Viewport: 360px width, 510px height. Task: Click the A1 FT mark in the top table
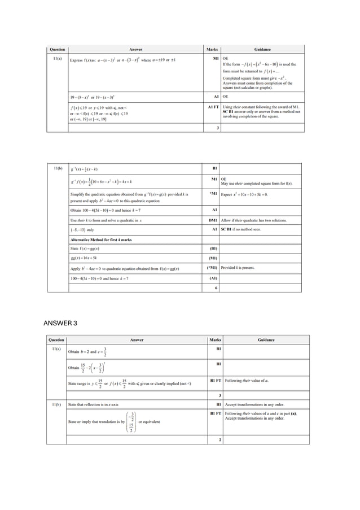pyautogui.click(x=213, y=106)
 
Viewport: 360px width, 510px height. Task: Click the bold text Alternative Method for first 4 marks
pyautogui.click(x=100, y=239)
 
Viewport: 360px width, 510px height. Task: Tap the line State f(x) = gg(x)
pyautogui.click(x=85, y=249)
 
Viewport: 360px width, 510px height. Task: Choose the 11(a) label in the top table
pyautogui.click(x=57, y=59)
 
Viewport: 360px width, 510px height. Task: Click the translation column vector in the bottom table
pyautogui.click(x=131, y=422)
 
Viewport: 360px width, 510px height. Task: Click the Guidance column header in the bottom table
pyautogui.click(x=266, y=340)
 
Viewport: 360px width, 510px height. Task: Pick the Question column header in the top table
pyautogui.click(x=57, y=50)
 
